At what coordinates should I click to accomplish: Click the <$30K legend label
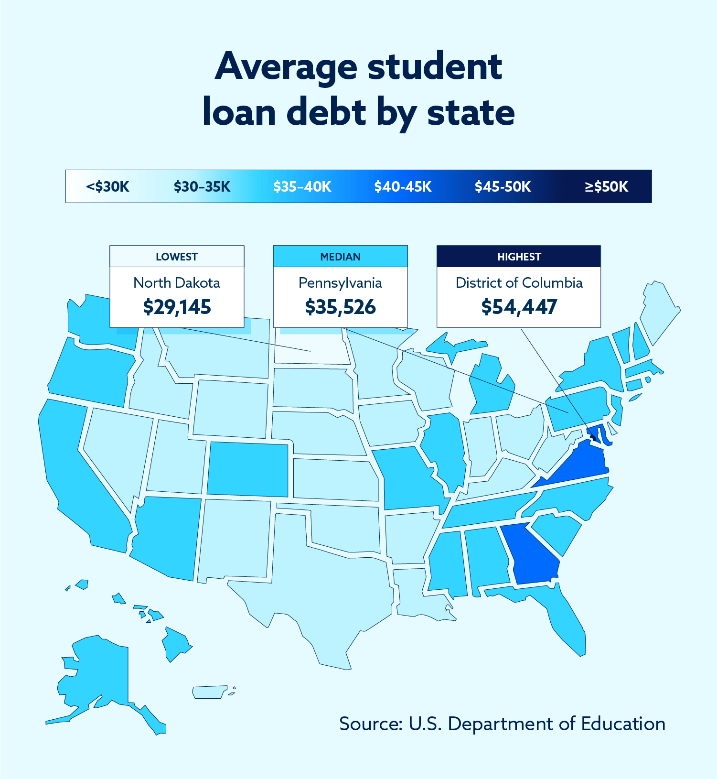click(107, 186)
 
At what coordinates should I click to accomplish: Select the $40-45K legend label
click(403, 186)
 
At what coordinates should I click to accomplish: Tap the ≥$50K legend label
click(606, 186)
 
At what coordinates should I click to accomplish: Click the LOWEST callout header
click(177, 257)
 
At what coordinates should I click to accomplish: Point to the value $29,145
click(177, 307)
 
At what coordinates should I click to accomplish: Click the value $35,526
click(340, 307)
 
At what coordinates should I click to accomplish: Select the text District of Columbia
click(519, 283)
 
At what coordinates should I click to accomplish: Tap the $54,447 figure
click(519, 307)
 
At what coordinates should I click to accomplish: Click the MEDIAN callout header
click(340, 257)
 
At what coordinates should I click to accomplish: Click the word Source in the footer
click(371, 724)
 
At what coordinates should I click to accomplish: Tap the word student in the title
click(434, 67)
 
